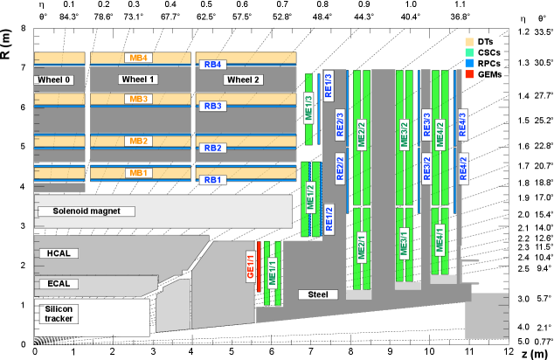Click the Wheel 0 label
pyautogui.click(x=54, y=80)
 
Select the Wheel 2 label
pyautogui.click(x=243, y=80)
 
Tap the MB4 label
pyautogui.click(x=138, y=58)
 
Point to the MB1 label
pyautogui.click(x=138, y=173)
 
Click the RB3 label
pyautogui.click(x=213, y=106)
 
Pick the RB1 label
pyautogui.click(x=213, y=180)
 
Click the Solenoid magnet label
pyautogui.click(x=87, y=211)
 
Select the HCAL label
pyautogui.click(x=59, y=253)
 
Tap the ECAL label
pyautogui.click(x=59, y=283)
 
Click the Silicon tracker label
pyautogui.click(x=59, y=314)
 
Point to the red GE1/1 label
pyautogui.click(x=250, y=265)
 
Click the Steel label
pyautogui.click(x=318, y=294)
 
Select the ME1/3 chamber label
pyautogui.click(x=308, y=109)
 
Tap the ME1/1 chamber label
pyautogui.click(x=272, y=272)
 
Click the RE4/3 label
pyautogui.click(x=463, y=124)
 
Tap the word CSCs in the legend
pyautogui.click(x=488, y=52)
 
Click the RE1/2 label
pyautogui.click(x=329, y=218)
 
